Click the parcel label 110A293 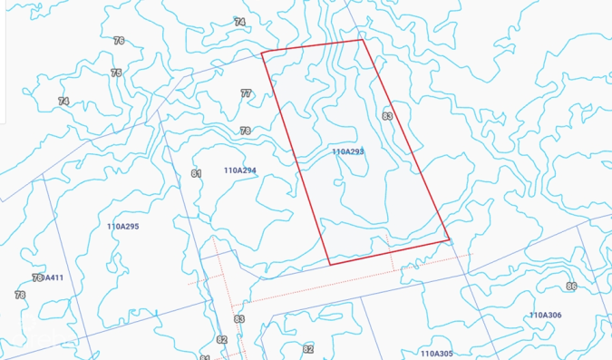[347, 151]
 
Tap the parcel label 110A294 [240, 170]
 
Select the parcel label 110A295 [122, 226]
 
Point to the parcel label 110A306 [545, 315]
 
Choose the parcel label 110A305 [436, 353]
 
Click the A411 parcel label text [53, 277]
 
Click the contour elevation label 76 [119, 40]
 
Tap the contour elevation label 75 [116, 73]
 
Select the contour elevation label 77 [246, 93]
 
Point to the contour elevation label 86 [570, 287]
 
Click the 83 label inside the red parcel [387, 115]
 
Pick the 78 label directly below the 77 [245, 131]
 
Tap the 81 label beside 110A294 [196, 173]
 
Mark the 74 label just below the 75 [63, 101]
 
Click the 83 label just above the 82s [239, 319]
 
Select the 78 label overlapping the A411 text [36, 277]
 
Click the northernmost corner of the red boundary [363, 39]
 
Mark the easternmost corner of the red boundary [450, 239]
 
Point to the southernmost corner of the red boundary [329, 265]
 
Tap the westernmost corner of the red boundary [262, 53]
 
